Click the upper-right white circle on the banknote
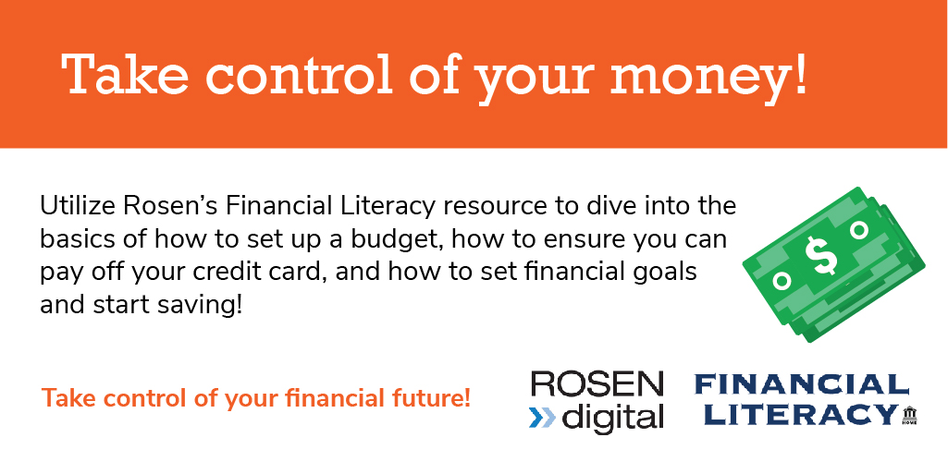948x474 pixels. [858, 230]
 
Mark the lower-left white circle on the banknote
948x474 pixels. [782, 280]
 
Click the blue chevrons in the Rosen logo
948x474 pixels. [542, 418]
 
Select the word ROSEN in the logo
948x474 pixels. [597, 385]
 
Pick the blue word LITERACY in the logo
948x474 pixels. [801, 414]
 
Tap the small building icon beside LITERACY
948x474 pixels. [909, 416]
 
